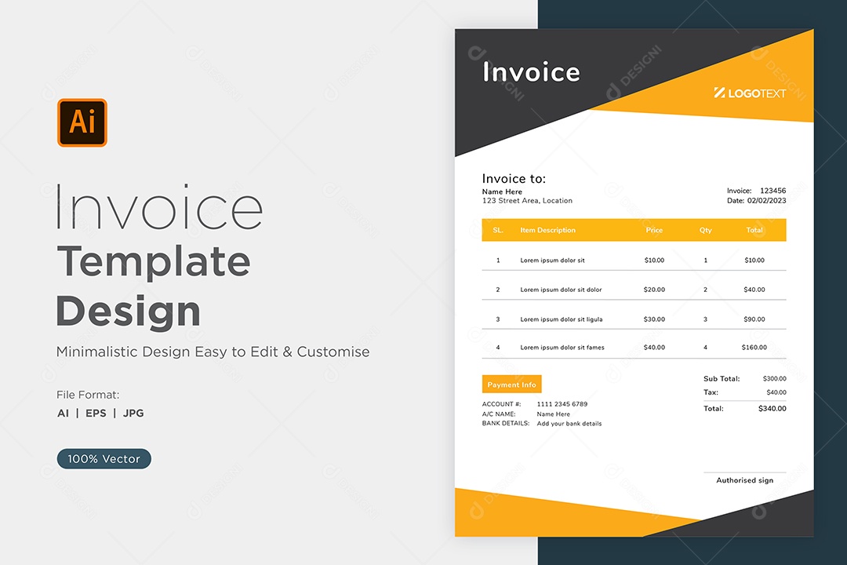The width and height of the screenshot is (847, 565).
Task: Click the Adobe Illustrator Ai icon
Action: (x=82, y=122)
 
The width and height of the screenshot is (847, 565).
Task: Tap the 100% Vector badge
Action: (x=104, y=458)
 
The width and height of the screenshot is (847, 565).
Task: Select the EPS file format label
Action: (x=96, y=413)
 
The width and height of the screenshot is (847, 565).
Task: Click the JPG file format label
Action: (x=133, y=413)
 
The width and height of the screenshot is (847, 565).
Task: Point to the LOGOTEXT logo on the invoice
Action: (x=750, y=93)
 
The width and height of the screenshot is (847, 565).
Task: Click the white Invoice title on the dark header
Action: (x=531, y=72)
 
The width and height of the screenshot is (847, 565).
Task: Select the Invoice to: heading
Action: (x=514, y=178)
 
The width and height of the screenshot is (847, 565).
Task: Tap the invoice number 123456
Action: (x=773, y=191)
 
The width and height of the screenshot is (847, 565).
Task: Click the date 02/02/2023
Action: (x=766, y=201)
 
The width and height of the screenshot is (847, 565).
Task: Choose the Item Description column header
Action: (x=547, y=230)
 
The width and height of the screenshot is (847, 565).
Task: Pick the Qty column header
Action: (x=706, y=230)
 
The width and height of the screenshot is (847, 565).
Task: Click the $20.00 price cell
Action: (x=654, y=290)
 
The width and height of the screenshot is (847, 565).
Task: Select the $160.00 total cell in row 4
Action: (x=754, y=347)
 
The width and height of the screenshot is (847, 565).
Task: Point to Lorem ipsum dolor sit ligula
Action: (x=562, y=319)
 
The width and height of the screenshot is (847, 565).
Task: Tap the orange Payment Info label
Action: (x=511, y=385)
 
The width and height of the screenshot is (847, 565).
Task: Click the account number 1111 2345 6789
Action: (x=562, y=404)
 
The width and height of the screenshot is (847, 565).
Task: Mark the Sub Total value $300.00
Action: (x=775, y=378)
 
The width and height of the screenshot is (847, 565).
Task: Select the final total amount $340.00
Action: (x=772, y=408)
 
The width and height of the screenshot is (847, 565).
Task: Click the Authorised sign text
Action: (x=745, y=480)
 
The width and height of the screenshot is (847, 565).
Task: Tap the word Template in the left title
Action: (x=154, y=262)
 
